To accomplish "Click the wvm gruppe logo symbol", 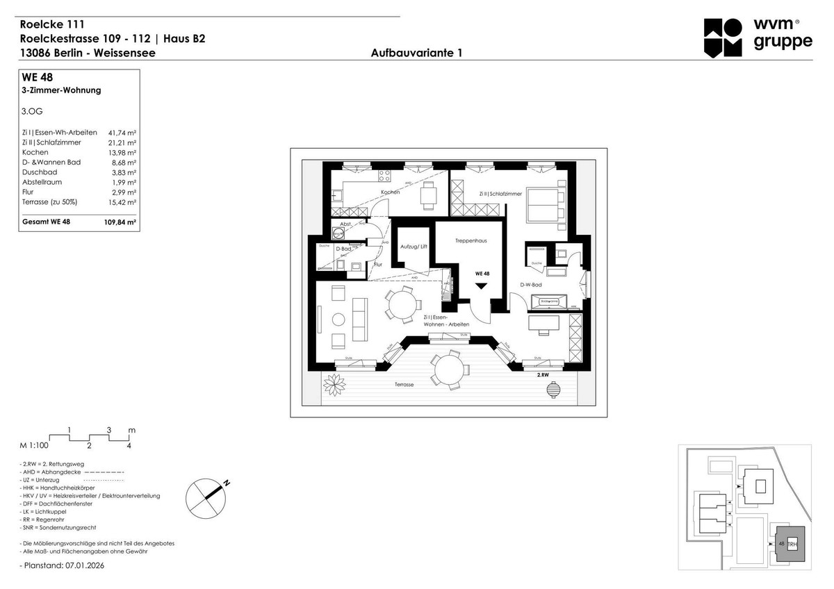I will pyautogui.click(x=723, y=38).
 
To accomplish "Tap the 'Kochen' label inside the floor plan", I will pyautogui.click(x=390, y=192).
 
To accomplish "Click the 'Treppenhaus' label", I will pyautogui.click(x=471, y=241).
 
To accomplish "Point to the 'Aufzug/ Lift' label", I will pyautogui.click(x=414, y=247).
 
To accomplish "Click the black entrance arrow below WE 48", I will pyautogui.click(x=481, y=285).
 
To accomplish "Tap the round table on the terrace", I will pyautogui.click(x=447, y=368).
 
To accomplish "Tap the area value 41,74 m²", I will pyautogui.click(x=122, y=132).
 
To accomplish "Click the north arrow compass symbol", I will pyautogui.click(x=207, y=497).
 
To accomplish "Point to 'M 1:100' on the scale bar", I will pyautogui.click(x=34, y=446).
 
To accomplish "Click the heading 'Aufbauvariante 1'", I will pyautogui.click(x=417, y=53).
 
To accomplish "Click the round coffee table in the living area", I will pyautogui.click(x=338, y=320).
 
